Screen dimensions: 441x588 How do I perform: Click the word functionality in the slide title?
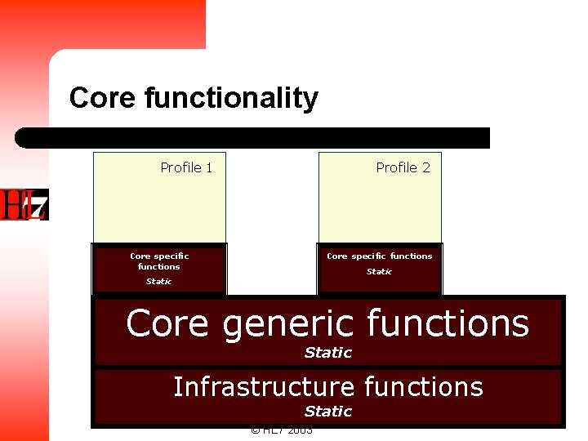coord(231,99)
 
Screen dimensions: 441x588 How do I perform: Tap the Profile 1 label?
coord(186,167)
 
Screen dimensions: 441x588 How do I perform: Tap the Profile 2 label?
coord(403,167)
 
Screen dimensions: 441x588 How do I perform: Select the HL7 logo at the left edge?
coord(24,204)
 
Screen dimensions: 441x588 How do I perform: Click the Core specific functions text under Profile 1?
coord(159,261)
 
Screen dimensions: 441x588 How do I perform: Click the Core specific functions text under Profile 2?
coord(379,256)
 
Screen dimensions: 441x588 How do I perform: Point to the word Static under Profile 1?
coord(158,281)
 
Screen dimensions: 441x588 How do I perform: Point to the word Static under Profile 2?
coord(379,271)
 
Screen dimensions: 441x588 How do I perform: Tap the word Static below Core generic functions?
coord(327,353)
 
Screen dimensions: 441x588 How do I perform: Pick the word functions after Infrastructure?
coord(424,386)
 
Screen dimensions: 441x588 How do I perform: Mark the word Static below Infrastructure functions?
coord(327,412)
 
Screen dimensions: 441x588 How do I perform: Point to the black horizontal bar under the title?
coord(253,137)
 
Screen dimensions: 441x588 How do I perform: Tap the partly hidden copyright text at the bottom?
coord(281,431)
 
